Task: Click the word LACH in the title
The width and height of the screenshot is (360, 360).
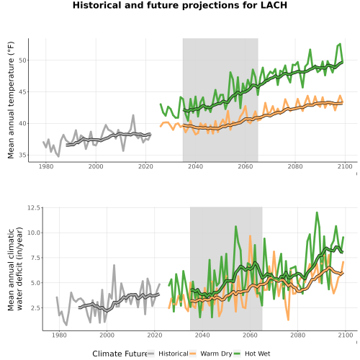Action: click(274, 5)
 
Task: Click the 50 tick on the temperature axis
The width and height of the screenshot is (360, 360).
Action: click(22, 60)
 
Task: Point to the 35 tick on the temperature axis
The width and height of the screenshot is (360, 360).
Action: click(22, 156)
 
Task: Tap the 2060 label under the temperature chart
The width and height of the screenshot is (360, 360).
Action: click(246, 166)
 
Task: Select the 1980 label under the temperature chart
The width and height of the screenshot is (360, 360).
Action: click(46, 166)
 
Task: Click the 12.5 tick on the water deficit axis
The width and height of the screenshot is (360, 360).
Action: click(34, 208)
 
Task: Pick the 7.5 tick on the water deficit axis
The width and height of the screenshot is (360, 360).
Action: click(35, 258)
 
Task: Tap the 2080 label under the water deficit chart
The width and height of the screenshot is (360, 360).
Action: click(298, 335)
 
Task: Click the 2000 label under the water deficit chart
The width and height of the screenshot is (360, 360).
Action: click(107, 335)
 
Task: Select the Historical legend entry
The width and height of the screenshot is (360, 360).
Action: click(174, 354)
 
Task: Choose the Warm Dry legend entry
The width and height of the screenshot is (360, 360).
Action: click(216, 354)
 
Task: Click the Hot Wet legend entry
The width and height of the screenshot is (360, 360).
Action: click(258, 354)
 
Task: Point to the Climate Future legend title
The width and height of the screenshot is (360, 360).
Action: click(120, 354)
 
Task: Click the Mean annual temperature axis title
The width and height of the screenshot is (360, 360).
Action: click(11, 100)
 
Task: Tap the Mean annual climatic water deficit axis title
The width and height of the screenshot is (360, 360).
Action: click(15, 269)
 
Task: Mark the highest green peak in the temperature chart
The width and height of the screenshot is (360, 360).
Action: click(340, 44)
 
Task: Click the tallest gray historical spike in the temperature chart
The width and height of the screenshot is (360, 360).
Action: click(133, 115)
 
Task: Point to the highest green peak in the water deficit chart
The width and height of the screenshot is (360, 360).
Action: click(317, 212)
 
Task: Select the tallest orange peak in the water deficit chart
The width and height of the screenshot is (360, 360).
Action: click(250, 236)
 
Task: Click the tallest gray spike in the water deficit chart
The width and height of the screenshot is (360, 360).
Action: click(114, 265)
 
